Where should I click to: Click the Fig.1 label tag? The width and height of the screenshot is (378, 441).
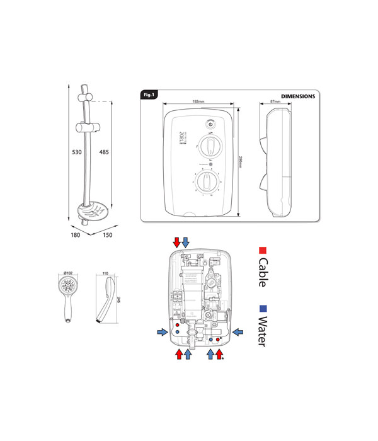click(x=149, y=94)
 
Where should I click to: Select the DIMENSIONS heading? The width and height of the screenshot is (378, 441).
click(x=297, y=96)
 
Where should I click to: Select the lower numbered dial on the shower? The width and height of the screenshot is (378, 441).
click(x=206, y=183)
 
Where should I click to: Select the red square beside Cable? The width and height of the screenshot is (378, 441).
click(x=263, y=251)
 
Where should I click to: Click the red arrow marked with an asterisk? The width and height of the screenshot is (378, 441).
click(x=219, y=355)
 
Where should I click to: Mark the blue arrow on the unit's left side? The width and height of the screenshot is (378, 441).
click(x=163, y=331)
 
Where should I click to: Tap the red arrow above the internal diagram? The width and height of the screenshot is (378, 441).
click(x=177, y=243)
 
